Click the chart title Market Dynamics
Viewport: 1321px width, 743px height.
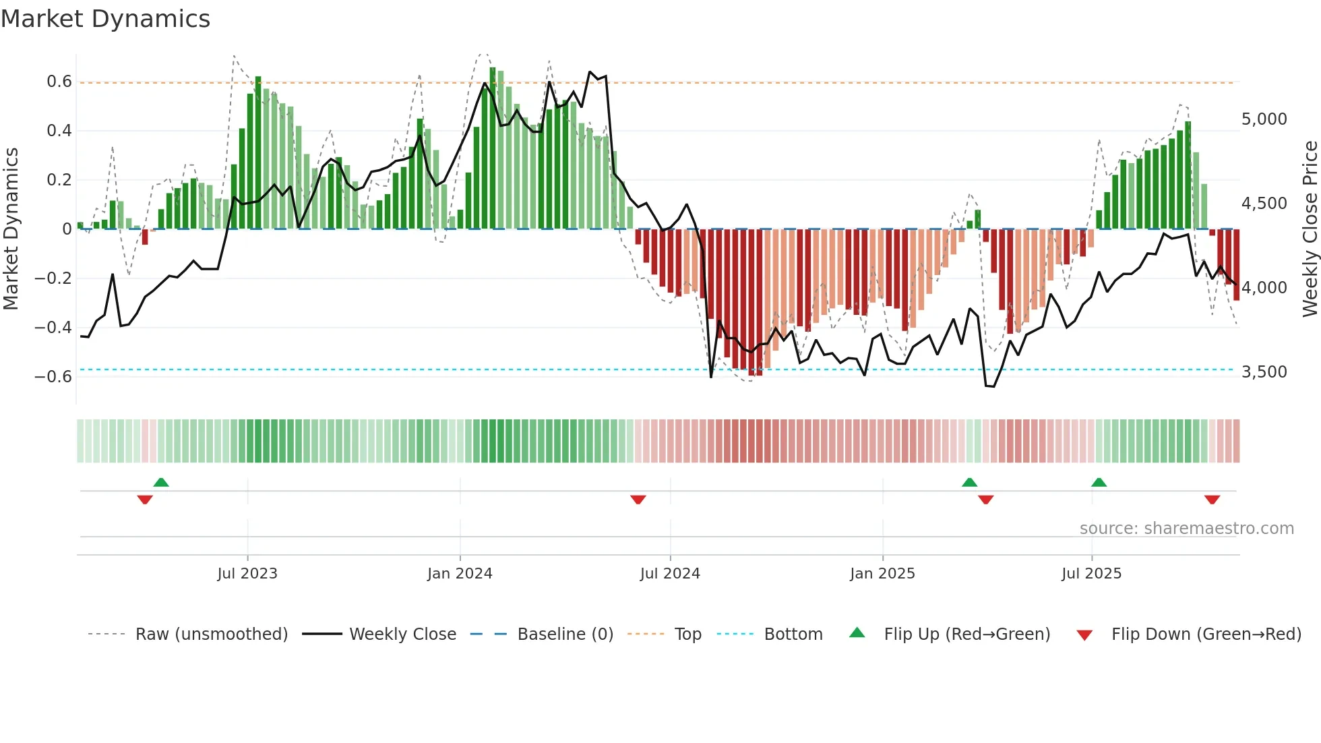tap(105, 19)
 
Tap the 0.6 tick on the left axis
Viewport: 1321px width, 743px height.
tap(59, 82)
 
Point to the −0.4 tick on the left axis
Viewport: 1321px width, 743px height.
tap(53, 328)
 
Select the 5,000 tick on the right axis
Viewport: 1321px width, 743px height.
tap(1264, 119)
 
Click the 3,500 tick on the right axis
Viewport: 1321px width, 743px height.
tap(1264, 372)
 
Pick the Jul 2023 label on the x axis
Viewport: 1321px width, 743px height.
tap(247, 574)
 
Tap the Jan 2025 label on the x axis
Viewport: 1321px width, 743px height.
tap(882, 574)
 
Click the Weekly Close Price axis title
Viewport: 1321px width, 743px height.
tap(1310, 229)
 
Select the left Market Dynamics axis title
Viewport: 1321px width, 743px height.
tap(11, 229)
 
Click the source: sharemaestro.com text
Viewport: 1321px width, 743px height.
tap(1186, 529)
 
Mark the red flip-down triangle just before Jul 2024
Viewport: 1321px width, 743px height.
tap(638, 500)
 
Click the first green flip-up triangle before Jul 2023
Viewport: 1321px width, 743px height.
tap(161, 482)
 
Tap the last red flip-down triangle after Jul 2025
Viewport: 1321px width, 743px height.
tap(1212, 500)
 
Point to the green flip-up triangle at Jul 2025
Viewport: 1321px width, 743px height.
tap(1099, 482)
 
